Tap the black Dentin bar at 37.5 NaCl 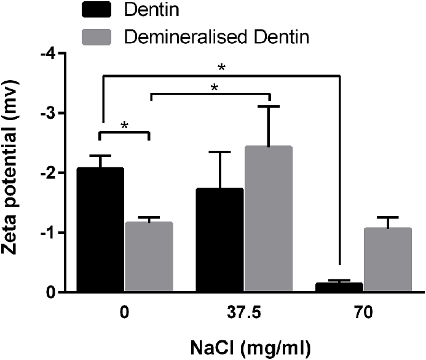pyautogui.click(x=220, y=240)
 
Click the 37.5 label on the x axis pyautogui.click(x=245, y=312)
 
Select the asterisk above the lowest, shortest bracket pyautogui.click(x=125, y=126)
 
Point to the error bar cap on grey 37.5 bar pyautogui.click(x=269, y=106)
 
